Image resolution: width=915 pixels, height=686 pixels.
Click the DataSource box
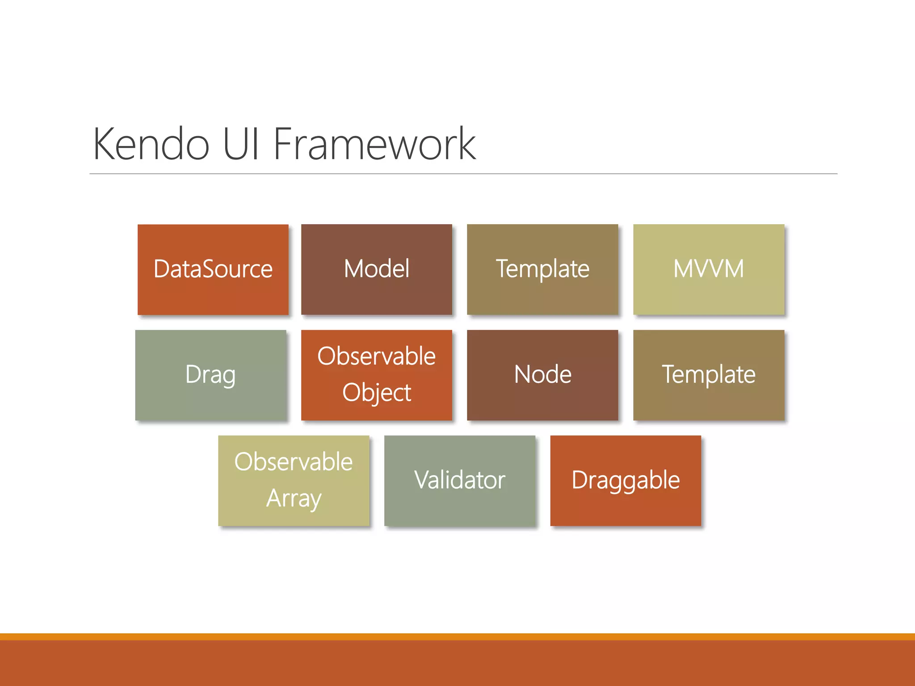coord(213,269)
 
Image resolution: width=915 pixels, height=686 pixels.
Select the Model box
coord(376,269)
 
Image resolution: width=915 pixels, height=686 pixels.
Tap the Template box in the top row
coord(542,269)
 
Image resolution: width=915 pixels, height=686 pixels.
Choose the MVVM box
coord(709,269)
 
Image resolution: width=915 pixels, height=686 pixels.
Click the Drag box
coord(210,375)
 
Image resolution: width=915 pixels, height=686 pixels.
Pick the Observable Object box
coord(376,375)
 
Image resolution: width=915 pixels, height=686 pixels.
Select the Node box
coord(542,375)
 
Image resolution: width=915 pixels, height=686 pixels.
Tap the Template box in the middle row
coord(709,375)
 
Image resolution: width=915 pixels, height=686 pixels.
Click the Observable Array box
coord(294,480)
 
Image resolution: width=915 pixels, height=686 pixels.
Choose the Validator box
coord(459,480)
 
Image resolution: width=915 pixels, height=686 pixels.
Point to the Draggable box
coord(625,480)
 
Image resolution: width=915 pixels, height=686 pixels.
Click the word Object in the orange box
coord(376,393)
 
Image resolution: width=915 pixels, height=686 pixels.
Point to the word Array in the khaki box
coord(294,498)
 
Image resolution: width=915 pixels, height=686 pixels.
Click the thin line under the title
coord(463,174)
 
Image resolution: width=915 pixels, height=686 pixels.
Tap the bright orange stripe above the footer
coord(457,636)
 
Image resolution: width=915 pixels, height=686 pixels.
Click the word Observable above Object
coord(376,356)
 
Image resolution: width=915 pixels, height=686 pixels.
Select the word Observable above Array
coord(294,462)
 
